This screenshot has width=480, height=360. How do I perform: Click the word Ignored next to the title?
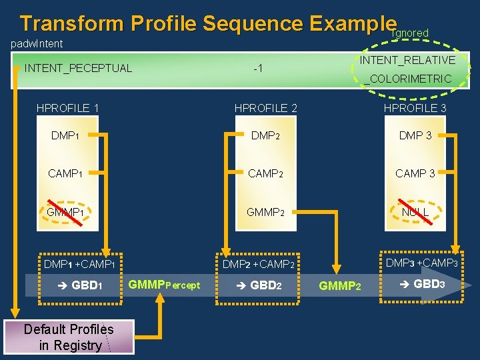pyautogui.click(x=410, y=33)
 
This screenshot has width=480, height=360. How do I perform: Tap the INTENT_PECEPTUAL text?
pyautogui.click(x=78, y=67)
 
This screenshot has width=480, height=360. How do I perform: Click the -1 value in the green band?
pyautogui.click(x=258, y=68)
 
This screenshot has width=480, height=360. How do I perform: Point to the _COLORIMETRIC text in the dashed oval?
pyautogui.click(x=408, y=79)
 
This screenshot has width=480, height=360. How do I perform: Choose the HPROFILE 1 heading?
pyautogui.click(x=68, y=108)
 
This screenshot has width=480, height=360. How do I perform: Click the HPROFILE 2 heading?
pyautogui.click(x=265, y=108)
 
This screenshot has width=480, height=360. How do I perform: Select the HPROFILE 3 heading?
pyautogui.click(x=415, y=108)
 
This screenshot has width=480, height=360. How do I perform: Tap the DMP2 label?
pyautogui.click(x=265, y=136)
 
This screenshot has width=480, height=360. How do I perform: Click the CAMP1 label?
pyautogui.click(x=65, y=173)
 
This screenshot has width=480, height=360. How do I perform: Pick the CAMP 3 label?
pyautogui.click(x=415, y=173)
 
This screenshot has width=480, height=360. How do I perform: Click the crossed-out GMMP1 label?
pyautogui.click(x=65, y=212)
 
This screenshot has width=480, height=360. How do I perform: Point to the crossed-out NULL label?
pyautogui.click(x=415, y=212)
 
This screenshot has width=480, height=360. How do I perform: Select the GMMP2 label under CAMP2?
pyautogui.click(x=265, y=212)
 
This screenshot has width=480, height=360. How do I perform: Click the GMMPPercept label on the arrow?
pyautogui.click(x=164, y=285)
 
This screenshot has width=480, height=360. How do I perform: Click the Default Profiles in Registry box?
pyautogui.click(x=69, y=337)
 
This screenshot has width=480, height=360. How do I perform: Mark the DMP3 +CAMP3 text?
pyautogui.click(x=421, y=263)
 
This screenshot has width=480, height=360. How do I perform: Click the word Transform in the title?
pyautogui.click(x=72, y=23)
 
